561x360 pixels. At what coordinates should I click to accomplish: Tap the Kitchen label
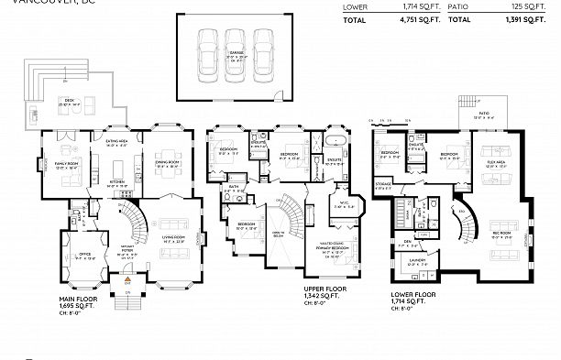117,181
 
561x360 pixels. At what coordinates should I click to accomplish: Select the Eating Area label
116,141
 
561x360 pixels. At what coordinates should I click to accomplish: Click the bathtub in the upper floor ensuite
334,141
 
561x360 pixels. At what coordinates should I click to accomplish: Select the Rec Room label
500,220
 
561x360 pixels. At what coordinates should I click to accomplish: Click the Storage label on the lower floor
384,183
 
